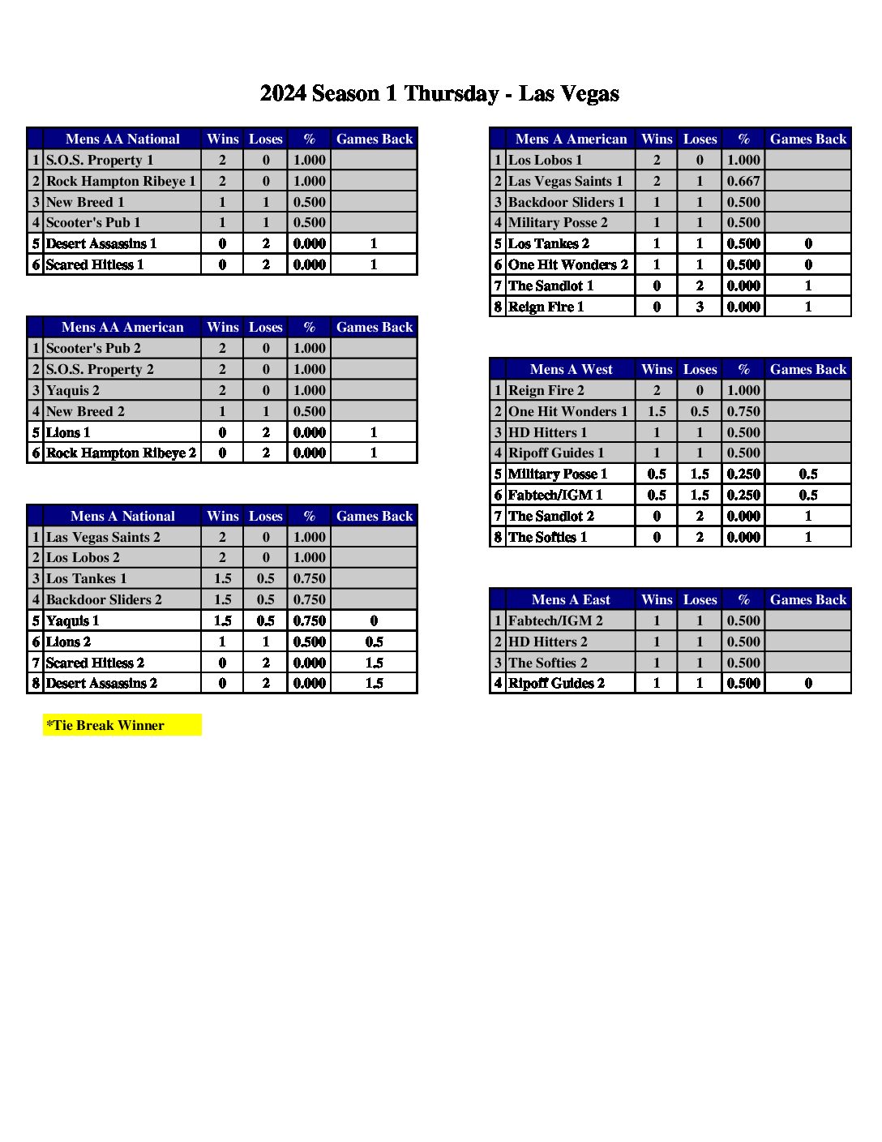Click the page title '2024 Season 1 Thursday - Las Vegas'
439,94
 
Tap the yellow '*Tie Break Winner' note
105,725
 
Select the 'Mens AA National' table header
122,139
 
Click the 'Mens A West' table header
571,369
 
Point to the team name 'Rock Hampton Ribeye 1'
121,181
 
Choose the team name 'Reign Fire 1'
546,307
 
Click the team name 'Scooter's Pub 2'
93,348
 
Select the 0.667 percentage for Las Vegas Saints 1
743,181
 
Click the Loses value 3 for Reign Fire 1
700,307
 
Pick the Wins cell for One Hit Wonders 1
657,411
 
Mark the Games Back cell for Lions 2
374,642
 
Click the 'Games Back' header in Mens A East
807,599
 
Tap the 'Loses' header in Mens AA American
266,327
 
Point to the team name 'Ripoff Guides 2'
556,683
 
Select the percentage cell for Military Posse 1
743,474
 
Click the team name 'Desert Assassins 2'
101,683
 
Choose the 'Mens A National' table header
122,516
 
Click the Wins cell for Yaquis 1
222,620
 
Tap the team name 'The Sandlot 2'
551,516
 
